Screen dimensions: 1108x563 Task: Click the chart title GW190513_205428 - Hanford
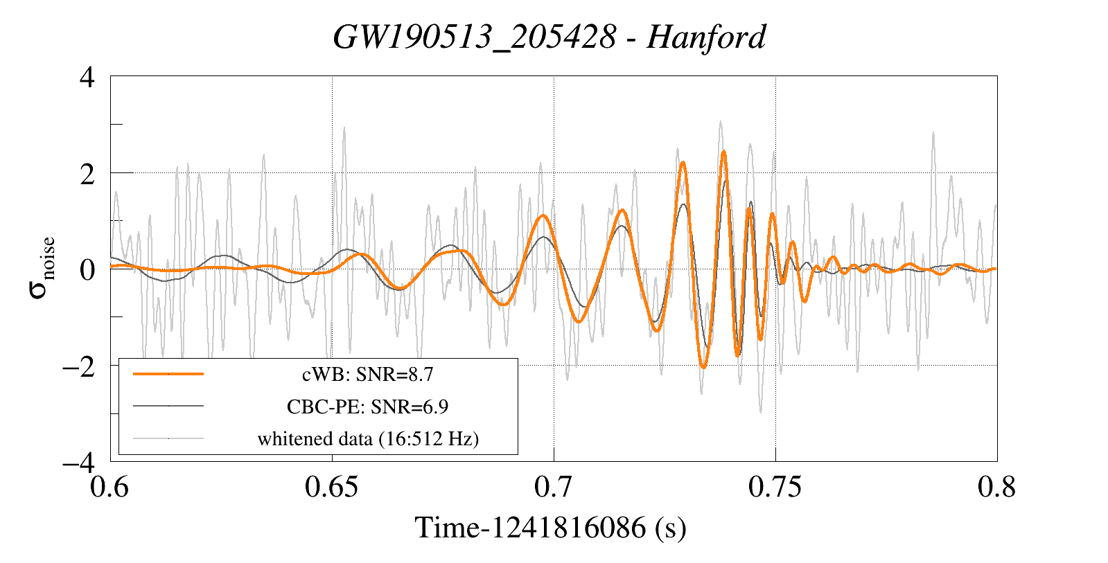coord(549,37)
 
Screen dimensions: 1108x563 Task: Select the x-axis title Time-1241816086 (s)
coord(551,528)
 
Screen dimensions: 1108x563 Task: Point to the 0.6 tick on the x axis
coord(109,487)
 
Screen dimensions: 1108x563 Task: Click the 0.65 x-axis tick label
coord(331,487)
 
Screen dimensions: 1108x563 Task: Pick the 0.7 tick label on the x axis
coord(554,487)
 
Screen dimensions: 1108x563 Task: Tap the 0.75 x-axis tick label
coord(775,487)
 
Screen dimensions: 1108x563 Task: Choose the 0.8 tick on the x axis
coord(996,487)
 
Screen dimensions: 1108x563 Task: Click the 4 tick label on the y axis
coord(87,77)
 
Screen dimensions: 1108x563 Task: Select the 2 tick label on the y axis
coord(87,174)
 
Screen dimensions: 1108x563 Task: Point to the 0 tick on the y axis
coord(87,270)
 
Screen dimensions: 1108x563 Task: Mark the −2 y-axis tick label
coord(79,366)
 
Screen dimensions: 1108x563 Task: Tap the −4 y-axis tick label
coord(79,463)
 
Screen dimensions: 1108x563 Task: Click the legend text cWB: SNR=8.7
coord(367,375)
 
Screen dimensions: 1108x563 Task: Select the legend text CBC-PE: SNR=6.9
coord(367,406)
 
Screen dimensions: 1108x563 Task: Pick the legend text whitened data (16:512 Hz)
coord(368,439)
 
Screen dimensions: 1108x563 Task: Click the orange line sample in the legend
coord(168,374)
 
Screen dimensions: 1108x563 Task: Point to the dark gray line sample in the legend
coord(168,406)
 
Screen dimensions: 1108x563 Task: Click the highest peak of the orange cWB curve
coord(723,151)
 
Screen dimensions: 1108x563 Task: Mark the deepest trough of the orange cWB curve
coord(703,367)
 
